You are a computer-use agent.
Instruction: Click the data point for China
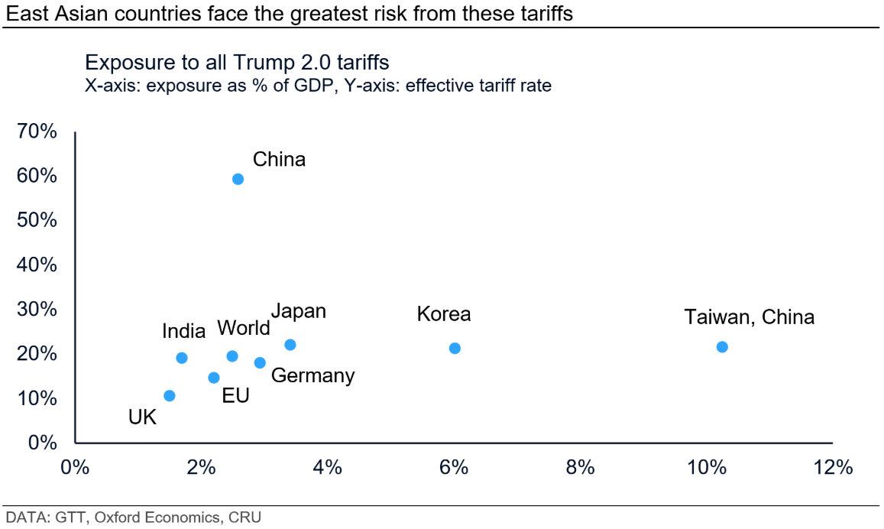[238, 179]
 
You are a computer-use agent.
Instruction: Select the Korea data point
[455, 348]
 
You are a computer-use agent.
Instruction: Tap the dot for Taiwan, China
[722, 346]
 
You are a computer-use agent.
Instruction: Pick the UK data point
[170, 395]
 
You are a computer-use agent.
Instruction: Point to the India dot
[182, 358]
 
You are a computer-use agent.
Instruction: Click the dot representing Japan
[290, 345]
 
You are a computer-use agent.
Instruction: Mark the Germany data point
[260, 362]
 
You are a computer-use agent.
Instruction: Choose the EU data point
[214, 378]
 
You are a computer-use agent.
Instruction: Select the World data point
[232, 356]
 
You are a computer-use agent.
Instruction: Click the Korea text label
[444, 314]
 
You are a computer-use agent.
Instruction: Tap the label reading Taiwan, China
[749, 316]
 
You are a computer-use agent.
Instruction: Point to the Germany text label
[312, 375]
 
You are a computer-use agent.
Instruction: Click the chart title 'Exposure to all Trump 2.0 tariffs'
[238, 63]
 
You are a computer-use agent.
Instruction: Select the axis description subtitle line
[318, 86]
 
